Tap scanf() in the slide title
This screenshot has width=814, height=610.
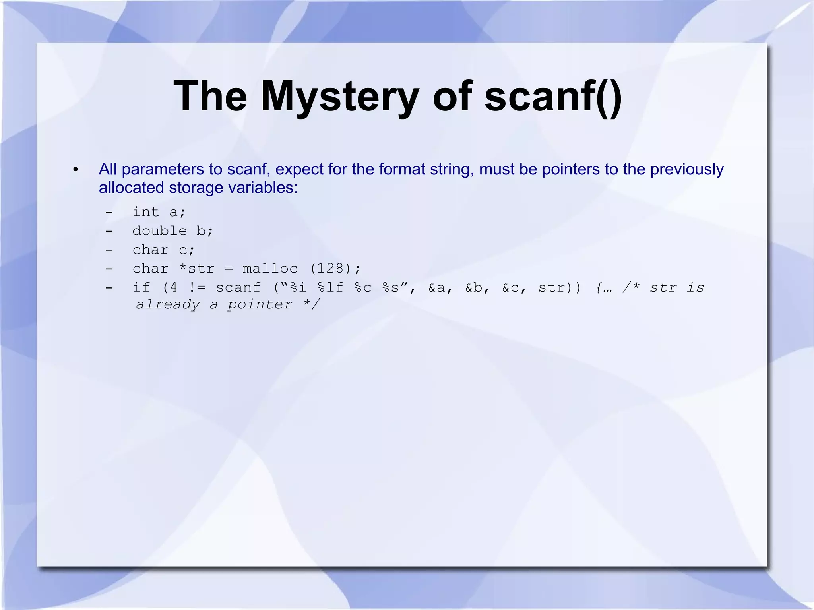[x=553, y=97]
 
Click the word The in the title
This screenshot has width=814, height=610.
[x=210, y=97]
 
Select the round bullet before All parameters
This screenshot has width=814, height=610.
[x=76, y=170]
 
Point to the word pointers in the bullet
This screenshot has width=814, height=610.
[x=571, y=170]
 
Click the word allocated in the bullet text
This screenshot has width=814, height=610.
[x=132, y=188]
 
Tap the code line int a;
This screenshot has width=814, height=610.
[x=159, y=212]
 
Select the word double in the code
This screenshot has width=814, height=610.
[x=159, y=231]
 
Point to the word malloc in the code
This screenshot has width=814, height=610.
[x=270, y=269]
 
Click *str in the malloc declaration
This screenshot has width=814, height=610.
[x=197, y=269]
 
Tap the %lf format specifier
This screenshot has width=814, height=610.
[x=331, y=287]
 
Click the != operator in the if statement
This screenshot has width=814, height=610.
[x=197, y=287]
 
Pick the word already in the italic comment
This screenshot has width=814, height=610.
[x=168, y=305]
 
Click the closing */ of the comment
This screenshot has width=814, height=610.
[x=311, y=305]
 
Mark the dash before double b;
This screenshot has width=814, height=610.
[x=109, y=231]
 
